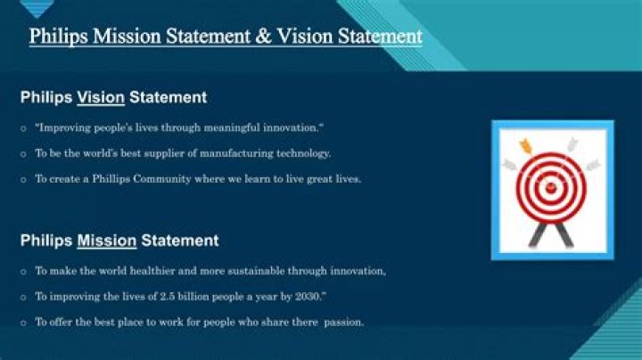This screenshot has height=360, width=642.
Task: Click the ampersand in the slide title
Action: [254, 37]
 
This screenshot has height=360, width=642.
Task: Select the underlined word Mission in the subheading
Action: [106, 241]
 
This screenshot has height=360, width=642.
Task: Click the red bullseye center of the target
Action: [550, 187]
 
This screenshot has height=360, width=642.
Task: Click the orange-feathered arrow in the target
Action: [526, 145]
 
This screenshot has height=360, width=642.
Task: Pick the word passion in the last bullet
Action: [344, 323]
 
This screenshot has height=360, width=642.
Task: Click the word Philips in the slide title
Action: [55, 37]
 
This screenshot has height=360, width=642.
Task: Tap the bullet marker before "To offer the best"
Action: [23, 323]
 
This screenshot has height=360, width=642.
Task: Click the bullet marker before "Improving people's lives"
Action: [23, 128]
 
